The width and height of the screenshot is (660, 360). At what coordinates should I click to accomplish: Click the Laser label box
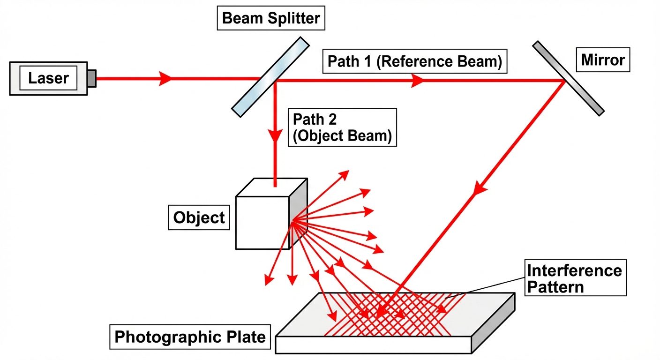pos(48,78)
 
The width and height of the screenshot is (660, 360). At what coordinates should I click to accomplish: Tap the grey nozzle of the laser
pos(91,78)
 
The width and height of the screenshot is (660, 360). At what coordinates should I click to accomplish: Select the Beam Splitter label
pos(270,19)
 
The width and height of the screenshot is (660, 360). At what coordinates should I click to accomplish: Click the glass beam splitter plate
pos(271,77)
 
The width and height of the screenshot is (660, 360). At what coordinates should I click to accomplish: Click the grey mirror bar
pos(568,78)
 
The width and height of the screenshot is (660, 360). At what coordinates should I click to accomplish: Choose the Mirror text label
pos(603,60)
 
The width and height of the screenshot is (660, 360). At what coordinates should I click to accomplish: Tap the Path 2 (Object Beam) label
pos(342,127)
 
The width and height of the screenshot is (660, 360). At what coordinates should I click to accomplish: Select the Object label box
pos(199,217)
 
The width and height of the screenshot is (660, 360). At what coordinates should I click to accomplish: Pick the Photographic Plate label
pos(190,337)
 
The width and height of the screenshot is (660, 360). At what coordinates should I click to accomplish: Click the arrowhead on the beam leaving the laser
pos(165,78)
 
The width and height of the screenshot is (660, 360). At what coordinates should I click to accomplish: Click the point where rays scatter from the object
pos(293,220)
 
